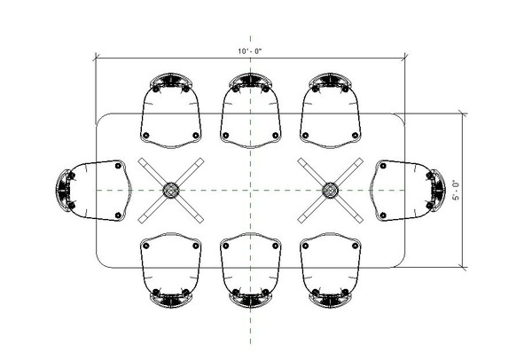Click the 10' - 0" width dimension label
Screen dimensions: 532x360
pyautogui.click(x=250, y=51)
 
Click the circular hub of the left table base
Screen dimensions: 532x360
pyautogui.click(x=170, y=190)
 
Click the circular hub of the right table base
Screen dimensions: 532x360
pyautogui.click(x=331, y=190)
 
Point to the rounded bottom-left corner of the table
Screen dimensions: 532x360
pyautogui.click(x=99, y=262)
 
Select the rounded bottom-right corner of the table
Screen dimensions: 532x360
pyautogui.click(x=402, y=262)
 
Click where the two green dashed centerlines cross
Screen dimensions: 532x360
pyautogui.click(x=250, y=190)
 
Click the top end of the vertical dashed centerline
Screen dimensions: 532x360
pyautogui.click(x=250, y=37)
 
